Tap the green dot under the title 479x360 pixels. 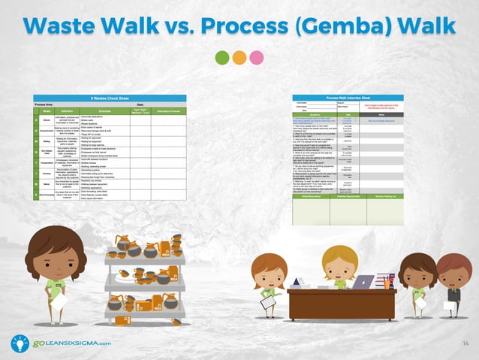tap(221, 58)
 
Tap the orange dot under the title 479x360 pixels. tap(239, 58)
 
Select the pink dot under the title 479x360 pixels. tap(257, 58)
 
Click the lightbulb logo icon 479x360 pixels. tap(20, 343)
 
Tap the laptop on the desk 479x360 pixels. tap(363, 283)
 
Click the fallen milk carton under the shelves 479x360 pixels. tap(176, 322)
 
